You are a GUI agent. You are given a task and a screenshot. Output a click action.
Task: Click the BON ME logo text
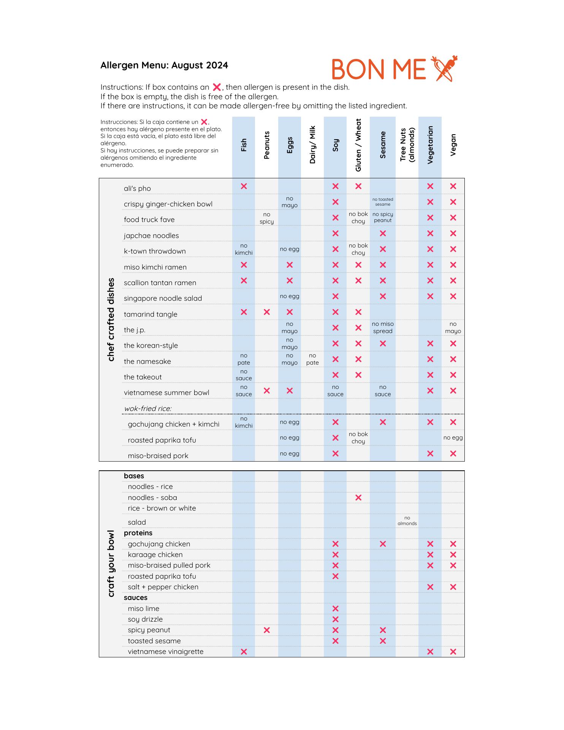tap(379, 70)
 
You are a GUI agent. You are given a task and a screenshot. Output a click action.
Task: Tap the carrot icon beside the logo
tap(444, 68)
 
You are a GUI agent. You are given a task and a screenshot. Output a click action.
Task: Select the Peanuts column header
tap(267, 145)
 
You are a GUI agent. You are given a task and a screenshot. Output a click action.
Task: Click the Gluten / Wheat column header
tap(358, 145)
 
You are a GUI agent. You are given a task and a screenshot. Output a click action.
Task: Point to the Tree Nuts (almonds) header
tap(407, 145)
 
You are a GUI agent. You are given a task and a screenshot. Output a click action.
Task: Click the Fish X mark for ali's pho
tap(244, 186)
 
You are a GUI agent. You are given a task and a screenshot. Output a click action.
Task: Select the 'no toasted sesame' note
tap(383, 202)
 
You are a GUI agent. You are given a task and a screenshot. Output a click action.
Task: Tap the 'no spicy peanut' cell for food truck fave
tap(383, 217)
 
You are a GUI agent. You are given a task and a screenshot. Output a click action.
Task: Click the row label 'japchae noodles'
tap(151, 236)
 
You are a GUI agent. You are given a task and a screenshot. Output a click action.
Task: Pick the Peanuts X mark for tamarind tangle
tap(267, 312)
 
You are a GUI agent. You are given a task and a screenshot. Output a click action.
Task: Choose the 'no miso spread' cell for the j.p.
tap(383, 328)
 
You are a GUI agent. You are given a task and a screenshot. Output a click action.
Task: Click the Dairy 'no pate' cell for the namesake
tap(312, 359)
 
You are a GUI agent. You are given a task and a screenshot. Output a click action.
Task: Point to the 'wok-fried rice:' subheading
tap(148, 409)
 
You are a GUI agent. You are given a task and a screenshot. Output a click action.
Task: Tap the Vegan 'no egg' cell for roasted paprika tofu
tap(453, 438)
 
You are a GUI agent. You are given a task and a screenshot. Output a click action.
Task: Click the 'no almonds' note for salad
tap(407, 521)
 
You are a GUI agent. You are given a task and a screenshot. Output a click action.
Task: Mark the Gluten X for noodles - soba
tap(358, 498)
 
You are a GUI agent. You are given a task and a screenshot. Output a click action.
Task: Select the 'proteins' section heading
tap(138, 533)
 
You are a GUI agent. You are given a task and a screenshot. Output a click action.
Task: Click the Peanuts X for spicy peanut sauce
tap(267, 630)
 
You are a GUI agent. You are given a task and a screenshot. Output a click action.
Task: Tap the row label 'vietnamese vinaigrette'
tap(166, 652)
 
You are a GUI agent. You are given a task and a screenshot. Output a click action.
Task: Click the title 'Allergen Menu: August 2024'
tap(164, 65)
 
